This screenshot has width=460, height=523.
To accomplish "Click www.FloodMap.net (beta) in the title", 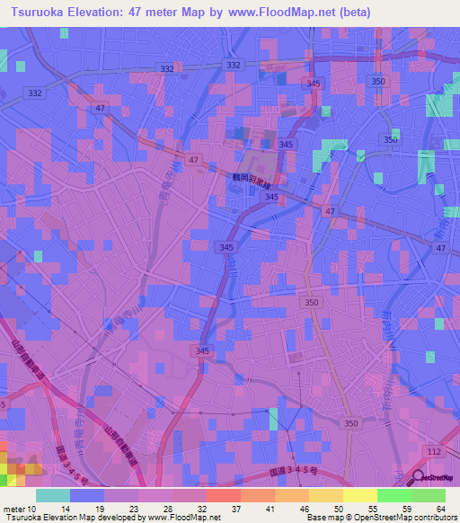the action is click(296, 12).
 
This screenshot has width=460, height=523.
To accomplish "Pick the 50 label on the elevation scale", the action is click(326, 508).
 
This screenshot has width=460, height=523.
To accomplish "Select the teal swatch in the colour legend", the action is click(52, 495).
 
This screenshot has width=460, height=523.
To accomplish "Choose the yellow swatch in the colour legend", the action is click(359, 495).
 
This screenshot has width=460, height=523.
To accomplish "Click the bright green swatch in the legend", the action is click(394, 495).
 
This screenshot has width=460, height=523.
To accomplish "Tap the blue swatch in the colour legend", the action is click(86, 495).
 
